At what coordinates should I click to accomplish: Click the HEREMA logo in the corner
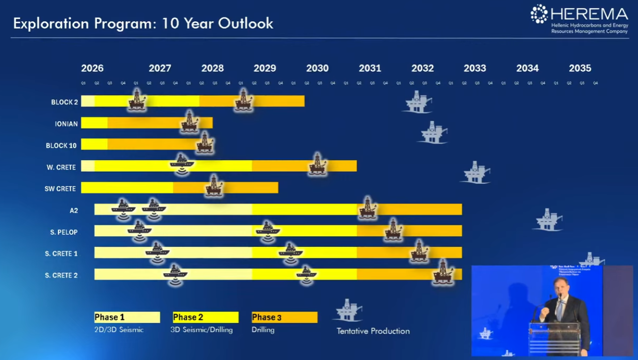pos(579,20)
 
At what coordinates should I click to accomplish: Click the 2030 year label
pos(317,68)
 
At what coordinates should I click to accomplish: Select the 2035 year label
pos(580,68)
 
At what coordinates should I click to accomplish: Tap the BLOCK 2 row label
pos(65,102)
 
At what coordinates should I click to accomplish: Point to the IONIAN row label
pos(66,124)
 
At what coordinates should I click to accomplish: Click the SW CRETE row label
pos(60,189)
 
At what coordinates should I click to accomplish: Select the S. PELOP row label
pos(64,232)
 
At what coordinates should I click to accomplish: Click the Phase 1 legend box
pos(127,317)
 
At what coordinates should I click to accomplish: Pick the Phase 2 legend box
pos(206,317)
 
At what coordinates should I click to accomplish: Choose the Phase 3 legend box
pos(284,317)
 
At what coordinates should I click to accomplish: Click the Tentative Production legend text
pos(373,331)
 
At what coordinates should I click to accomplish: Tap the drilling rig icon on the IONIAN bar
pos(189,122)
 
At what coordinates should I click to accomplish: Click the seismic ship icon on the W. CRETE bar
pos(182,163)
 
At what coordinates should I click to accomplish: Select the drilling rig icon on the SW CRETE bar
pos(214,186)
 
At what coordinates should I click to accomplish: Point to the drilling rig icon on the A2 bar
pos(368,208)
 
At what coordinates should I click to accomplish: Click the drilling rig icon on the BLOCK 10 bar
pos(205,143)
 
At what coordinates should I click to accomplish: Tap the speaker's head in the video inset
pos(559,286)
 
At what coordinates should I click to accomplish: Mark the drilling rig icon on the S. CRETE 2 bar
pos(443,272)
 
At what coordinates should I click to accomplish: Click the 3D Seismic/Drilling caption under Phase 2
pos(202,330)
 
